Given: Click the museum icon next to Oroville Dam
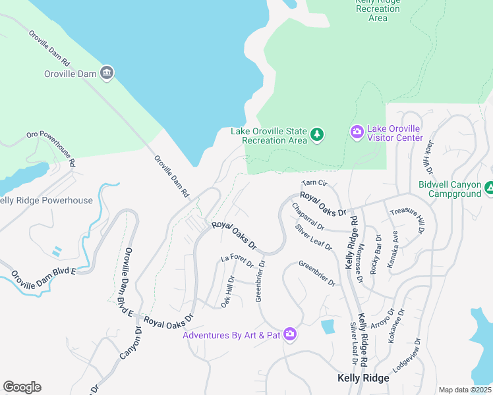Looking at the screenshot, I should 107,72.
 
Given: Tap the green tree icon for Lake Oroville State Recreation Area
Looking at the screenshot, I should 318,135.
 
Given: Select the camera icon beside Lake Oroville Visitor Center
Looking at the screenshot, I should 357,132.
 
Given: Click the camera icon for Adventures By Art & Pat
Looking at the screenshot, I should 290,334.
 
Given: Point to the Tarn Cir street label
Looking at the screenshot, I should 314,183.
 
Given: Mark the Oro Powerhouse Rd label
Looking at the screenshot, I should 51,148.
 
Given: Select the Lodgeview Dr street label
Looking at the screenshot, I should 415,356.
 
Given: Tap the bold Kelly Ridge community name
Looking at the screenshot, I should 362,378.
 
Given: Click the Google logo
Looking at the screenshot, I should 22,387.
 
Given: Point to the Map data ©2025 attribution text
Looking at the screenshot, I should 465,390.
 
